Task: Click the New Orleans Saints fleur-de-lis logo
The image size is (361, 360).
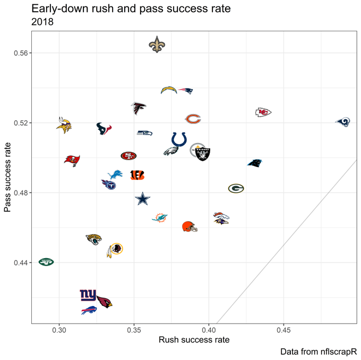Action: (157, 45)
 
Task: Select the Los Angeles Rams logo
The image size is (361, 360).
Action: (343, 122)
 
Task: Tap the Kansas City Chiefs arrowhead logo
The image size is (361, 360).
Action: (263, 112)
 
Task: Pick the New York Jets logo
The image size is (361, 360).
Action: (46, 261)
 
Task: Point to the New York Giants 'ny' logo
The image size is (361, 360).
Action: (88, 295)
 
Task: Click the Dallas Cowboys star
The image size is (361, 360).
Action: (142, 199)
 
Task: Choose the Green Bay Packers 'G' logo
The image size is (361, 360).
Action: (236, 188)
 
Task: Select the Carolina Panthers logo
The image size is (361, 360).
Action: (255, 163)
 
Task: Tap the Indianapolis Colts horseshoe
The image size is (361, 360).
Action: (179, 139)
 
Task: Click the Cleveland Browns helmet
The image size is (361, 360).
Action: (190, 227)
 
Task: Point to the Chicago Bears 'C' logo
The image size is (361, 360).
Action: (193, 119)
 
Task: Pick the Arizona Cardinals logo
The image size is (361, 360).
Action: (104, 302)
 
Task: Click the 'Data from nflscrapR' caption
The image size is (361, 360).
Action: (318, 351)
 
